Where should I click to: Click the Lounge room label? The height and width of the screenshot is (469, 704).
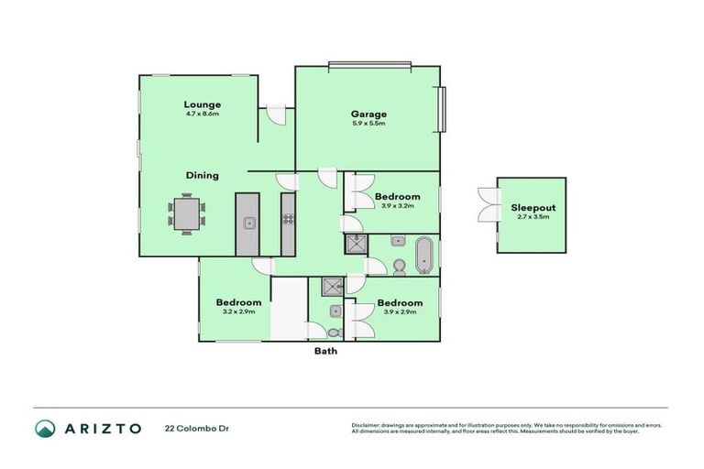pyautogui.click(x=202, y=104)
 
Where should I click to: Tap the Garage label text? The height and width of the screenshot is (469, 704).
pyautogui.click(x=368, y=115)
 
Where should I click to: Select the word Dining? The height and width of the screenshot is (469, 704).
pyautogui.click(x=202, y=175)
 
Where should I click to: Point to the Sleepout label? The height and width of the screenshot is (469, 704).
pyautogui.click(x=533, y=208)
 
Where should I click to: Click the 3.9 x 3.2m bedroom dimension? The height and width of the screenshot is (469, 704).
pyautogui.click(x=398, y=206)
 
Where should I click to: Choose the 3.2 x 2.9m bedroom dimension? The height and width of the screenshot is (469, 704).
pyautogui.click(x=238, y=312)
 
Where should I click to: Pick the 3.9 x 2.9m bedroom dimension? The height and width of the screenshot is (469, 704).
pyautogui.click(x=400, y=312)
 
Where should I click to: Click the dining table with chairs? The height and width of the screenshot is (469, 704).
pyautogui.click(x=186, y=213)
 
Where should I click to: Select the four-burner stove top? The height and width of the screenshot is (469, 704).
pyautogui.click(x=288, y=220)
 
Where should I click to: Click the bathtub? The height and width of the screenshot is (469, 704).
pyautogui.click(x=423, y=255)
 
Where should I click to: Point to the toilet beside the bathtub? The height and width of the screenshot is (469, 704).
pyautogui.click(x=400, y=267)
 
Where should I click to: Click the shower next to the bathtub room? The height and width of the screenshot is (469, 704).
pyautogui.click(x=355, y=245)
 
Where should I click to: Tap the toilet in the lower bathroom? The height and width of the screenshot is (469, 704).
pyautogui.click(x=335, y=331)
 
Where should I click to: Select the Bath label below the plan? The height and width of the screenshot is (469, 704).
pyautogui.click(x=326, y=351)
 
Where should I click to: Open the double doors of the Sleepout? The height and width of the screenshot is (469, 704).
pyautogui.click(x=486, y=204)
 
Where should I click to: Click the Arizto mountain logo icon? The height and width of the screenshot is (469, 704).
pyautogui.click(x=45, y=428)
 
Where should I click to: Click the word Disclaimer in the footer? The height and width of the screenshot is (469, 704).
pyautogui.click(x=368, y=425)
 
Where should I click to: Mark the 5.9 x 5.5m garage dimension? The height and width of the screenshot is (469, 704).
pyautogui.click(x=368, y=124)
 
